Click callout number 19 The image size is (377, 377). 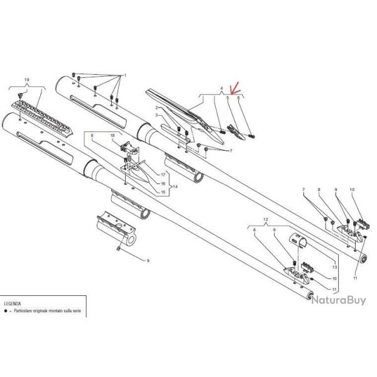(x=26, y=79)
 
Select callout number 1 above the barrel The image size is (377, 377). (x=125, y=75)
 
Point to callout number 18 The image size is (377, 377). (x=112, y=135)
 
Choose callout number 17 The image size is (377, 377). (x=162, y=174)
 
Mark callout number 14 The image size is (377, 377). (x=175, y=187)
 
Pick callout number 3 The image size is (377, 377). (x=156, y=116)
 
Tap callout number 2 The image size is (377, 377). (x=156, y=109)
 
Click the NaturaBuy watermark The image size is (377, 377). (x=337, y=300)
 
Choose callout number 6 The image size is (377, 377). (x=239, y=97)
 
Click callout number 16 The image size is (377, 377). (x=162, y=183)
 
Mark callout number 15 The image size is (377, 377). (x=162, y=191)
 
